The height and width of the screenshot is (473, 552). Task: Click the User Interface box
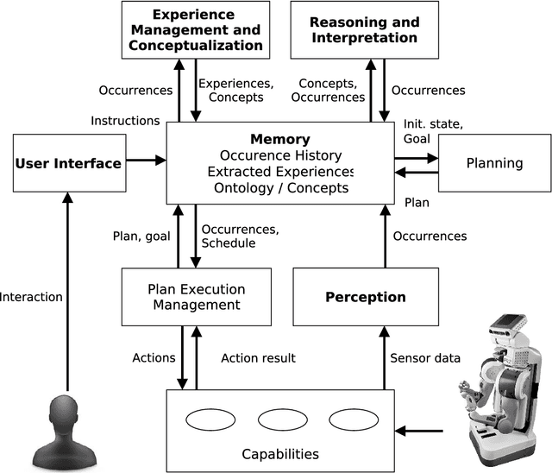tap(68, 162)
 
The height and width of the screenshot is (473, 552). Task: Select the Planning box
tap(494, 162)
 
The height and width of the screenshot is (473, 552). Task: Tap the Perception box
tap(365, 297)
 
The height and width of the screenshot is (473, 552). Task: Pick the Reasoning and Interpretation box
tap(364, 29)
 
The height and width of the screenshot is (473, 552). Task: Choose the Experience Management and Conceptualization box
tap(195, 29)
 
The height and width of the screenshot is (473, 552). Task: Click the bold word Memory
tap(280, 139)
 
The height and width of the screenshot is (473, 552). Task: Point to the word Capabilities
tap(280, 454)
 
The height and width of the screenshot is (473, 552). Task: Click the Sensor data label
tap(425, 358)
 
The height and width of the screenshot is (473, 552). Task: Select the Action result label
tap(258, 358)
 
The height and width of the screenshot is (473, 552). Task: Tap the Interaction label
tap(31, 297)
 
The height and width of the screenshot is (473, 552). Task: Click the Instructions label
tap(125, 121)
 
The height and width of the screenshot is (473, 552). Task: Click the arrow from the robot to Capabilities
tap(422, 429)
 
